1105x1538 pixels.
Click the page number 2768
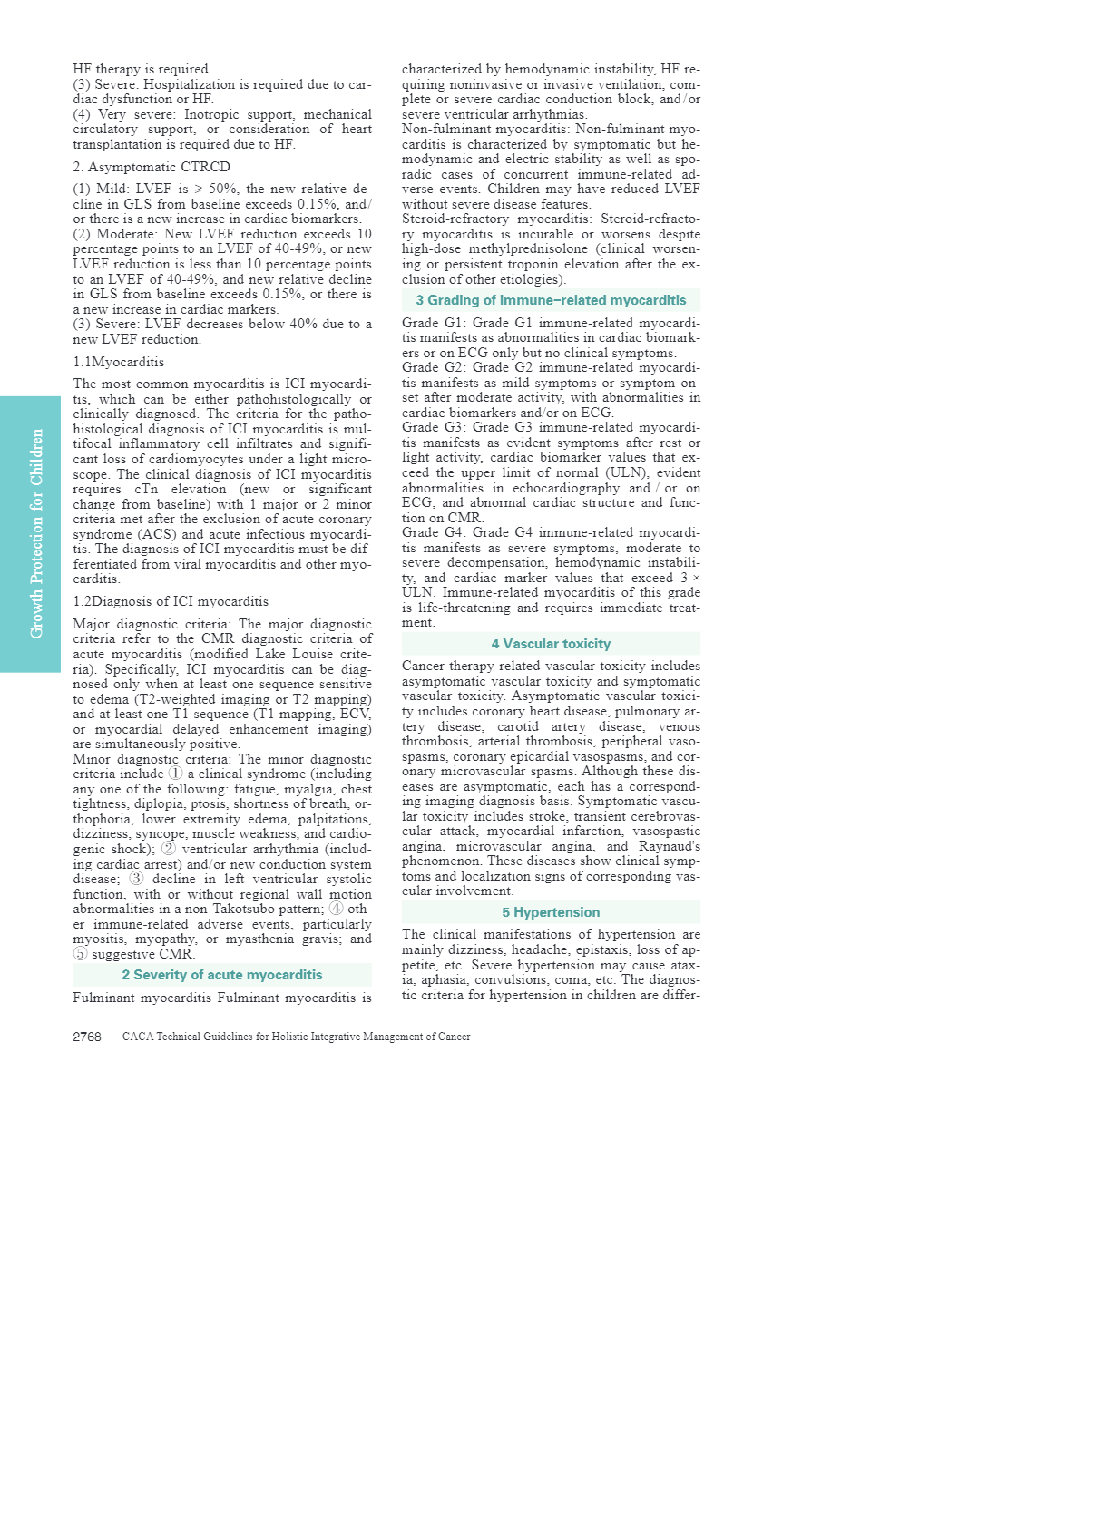click(87, 1037)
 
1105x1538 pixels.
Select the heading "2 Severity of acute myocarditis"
click(222, 975)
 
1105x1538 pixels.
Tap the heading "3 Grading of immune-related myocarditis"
click(551, 300)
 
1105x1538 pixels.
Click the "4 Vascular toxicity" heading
click(551, 644)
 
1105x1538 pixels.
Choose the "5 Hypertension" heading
click(551, 912)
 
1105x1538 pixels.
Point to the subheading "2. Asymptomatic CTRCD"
click(152, 167)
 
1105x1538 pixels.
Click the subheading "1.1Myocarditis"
click(119, 362)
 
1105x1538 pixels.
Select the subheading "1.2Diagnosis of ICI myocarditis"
click(171, 601)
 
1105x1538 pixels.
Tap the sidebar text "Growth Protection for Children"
click(36, 533)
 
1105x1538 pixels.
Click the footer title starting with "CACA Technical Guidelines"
click(296, 1037)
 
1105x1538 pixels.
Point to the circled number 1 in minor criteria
click(176, 774)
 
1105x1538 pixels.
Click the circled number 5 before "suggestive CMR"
click(81, 954)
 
